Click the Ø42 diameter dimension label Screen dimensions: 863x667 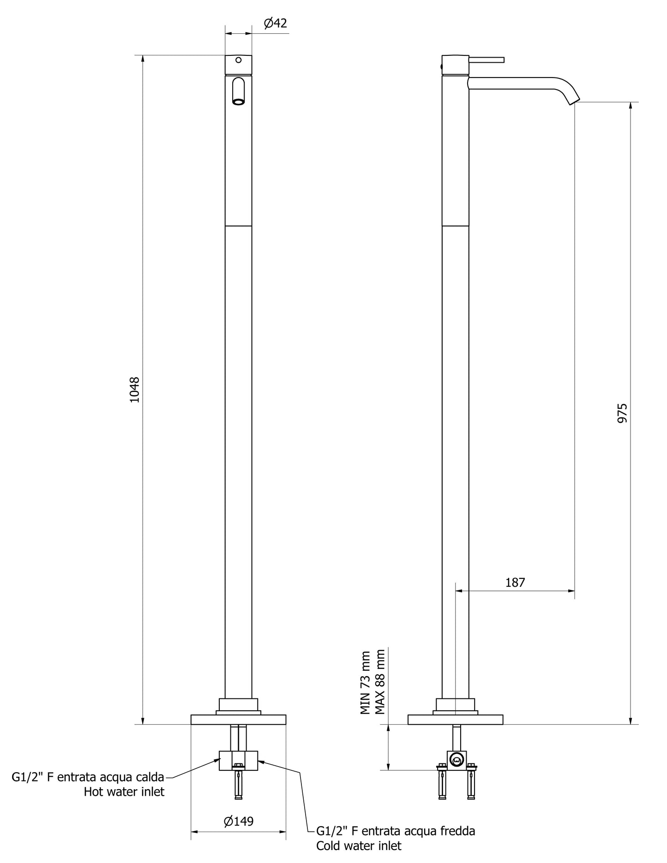(276, 24)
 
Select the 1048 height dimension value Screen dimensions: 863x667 (134, 390)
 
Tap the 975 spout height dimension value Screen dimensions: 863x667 (623, 413)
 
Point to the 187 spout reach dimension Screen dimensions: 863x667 (515, 583)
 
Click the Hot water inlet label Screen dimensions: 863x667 (124, 792)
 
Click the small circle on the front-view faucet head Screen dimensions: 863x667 (238, 60)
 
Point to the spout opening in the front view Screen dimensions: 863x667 (239, 102)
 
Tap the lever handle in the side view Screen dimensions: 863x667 (487, 60)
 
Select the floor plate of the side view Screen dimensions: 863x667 (455, 720)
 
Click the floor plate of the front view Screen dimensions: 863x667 (238, 720)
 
